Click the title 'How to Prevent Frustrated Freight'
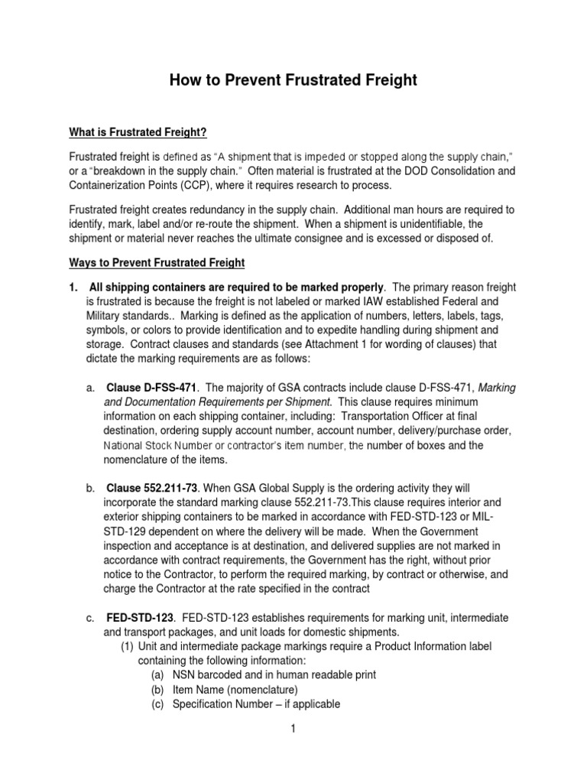click(x=293, y=79)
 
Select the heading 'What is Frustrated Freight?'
click(x=138, y=133)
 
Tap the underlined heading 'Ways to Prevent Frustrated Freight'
click(x=157, y=263)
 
